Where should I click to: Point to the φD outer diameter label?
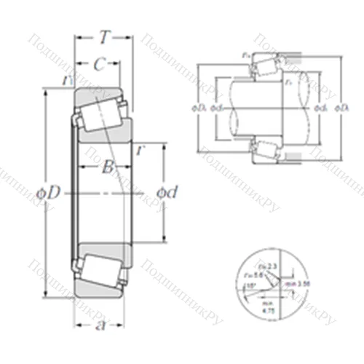[x=56, y=191]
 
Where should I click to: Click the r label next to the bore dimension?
[x=139, y=150]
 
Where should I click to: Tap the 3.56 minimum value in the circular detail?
[x=293, y=282]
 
